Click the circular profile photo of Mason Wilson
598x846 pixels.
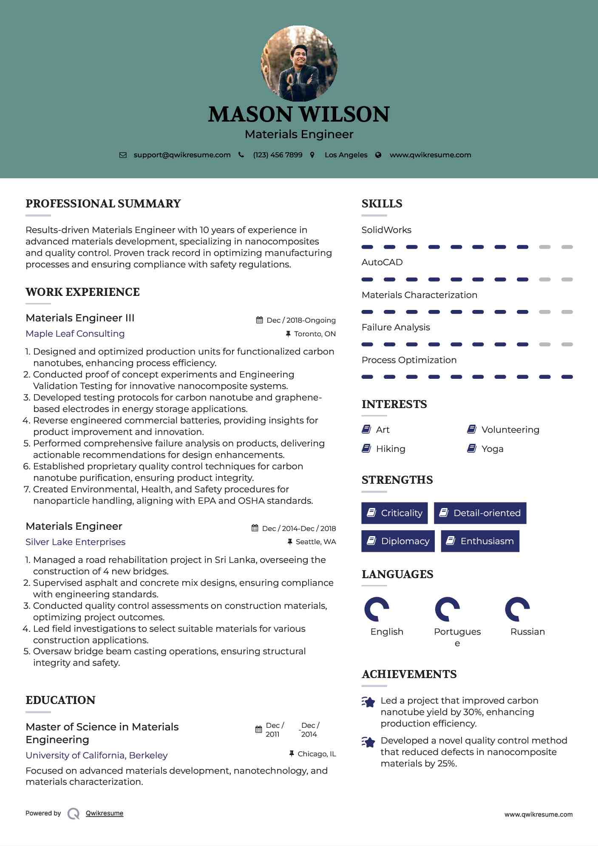[299, 64]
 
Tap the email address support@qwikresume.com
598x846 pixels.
[182, 155]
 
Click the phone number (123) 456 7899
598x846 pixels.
[278, 155]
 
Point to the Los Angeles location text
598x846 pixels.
[346, 155]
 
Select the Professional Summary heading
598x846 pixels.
[103, 204]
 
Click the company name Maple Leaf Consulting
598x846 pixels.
[75, 334]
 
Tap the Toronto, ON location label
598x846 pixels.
[315, 334]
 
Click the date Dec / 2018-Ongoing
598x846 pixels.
[301, 320]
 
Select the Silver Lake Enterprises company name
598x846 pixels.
[76, 542]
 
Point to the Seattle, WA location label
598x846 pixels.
[315, 542]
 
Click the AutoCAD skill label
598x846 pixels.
[382, 262]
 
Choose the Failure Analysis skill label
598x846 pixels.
[396, 327]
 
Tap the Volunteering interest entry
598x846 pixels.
[510, 430]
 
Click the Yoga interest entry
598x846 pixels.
[492, 449]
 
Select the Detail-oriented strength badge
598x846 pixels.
[480, 513]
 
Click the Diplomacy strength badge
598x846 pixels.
[398, 541]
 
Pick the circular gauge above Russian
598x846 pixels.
[517, 609]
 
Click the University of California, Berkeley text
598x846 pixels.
[97, 755]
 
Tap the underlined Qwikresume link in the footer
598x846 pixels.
[105, 813]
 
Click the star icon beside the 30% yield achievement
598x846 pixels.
[368, 702]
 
